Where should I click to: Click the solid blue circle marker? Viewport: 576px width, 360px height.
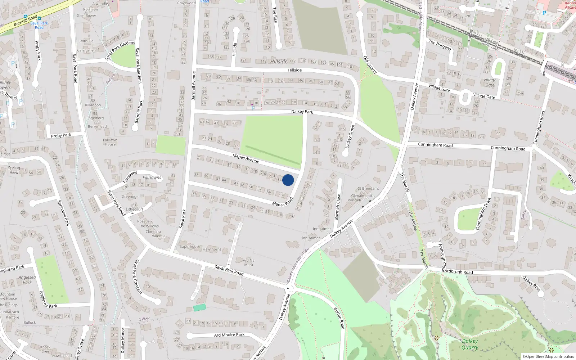coord(288,180)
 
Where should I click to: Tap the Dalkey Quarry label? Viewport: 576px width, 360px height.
coord(470,344)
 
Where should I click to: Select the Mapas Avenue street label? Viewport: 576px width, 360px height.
coord(246,158)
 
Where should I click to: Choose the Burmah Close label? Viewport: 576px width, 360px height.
coord(337,207)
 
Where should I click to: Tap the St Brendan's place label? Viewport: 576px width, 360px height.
coord(368,188)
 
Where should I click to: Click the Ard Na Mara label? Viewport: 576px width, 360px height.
coord(248,262)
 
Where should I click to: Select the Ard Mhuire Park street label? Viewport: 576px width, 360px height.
coord(229,335)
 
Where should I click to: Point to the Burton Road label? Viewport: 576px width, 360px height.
coord(339,318)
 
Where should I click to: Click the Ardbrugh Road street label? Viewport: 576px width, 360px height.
coord(458,272)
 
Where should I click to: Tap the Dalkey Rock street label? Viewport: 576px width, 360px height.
coord(531,283)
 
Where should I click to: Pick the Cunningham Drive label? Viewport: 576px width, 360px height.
coord(483,213)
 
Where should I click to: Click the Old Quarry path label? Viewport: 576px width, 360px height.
coord(370,65)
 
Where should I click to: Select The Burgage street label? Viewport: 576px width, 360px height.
coord(440,45)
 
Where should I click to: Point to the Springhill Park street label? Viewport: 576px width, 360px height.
coord(64,213)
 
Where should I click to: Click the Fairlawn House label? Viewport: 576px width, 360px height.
coord(110,142)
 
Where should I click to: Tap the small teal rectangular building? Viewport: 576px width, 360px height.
coord(199,307)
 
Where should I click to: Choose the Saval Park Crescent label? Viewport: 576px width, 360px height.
coord(138,277)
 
